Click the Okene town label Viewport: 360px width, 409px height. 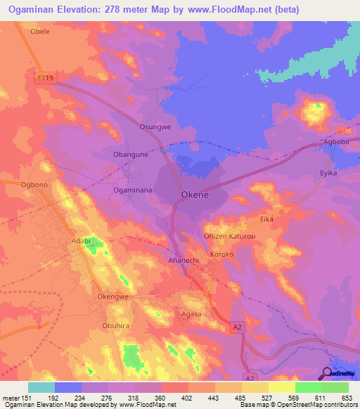195,195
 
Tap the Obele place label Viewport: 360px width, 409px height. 40,32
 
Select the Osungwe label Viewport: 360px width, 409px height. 155,126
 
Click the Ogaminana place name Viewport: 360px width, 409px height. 132,190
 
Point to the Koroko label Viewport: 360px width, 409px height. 221,253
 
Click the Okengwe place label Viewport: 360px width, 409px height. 113,297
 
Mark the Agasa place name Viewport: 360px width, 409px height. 192,314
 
